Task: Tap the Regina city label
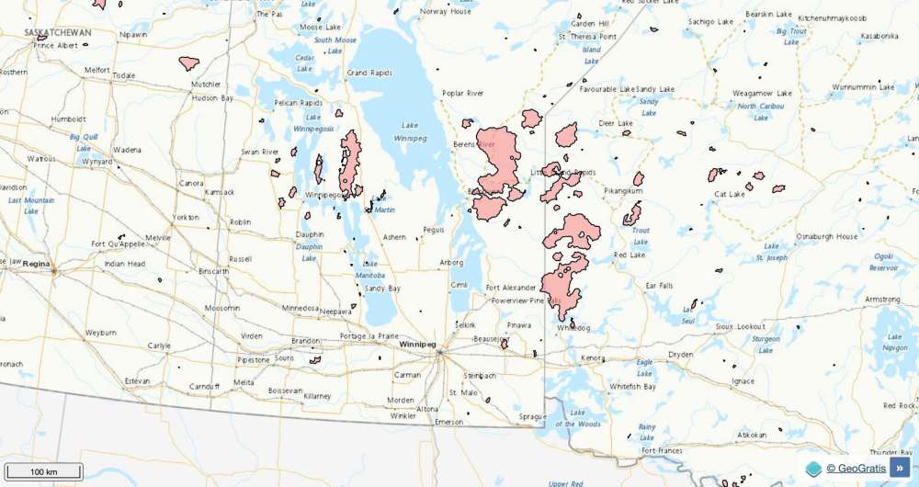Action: click(x=36, y=263)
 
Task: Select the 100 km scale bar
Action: click(x=43, y=471)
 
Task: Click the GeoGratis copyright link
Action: click(x=856, y=469)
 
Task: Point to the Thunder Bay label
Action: click(x=892, y=452)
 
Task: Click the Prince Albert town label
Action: click(x=56, y=44)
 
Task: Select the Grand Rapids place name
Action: click(x=369, y=73)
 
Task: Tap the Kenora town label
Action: click(x=593, y=357)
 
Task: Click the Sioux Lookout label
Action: click(x=739, y=326)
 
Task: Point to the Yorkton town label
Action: click(x=186, y=218)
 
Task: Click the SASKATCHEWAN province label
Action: click(x=58, y=32)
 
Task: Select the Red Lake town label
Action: click(x=630, y=255)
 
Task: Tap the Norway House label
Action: click(x=446, y=12)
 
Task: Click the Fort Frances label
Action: click(x=663, y=451)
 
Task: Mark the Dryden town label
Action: click(x=680, y=354)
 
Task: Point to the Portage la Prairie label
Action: click(x=369, y=335)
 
